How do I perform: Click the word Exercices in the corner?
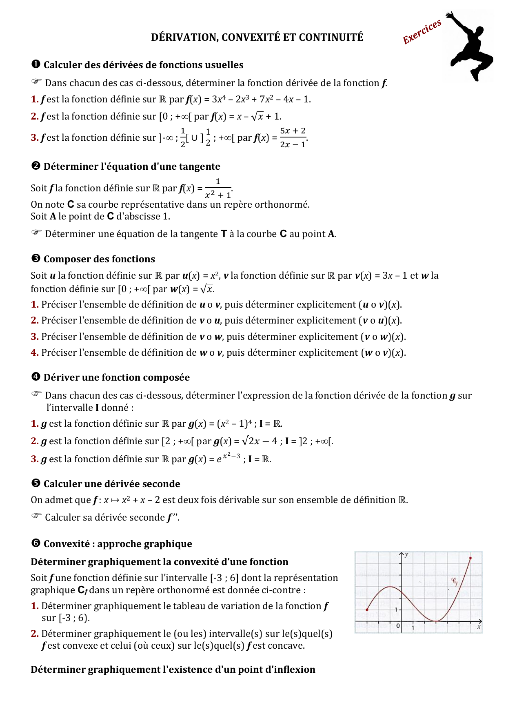pos(422,32)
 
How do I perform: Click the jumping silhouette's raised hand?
pos(449,15)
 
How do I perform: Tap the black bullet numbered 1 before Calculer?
pos(36,64)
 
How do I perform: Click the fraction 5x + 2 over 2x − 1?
pos(293,137)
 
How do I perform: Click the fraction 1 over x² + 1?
pos(218,188)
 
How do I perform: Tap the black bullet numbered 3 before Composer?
pos(36,259)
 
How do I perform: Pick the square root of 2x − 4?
pos(260,441)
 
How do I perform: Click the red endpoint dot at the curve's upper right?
pos(470,558)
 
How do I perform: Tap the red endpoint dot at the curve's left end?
pos(367,610)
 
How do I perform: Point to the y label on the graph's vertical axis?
pos(406,555)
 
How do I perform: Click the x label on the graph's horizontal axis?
pos(479,627)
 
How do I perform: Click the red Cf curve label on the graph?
pos(455,581)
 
